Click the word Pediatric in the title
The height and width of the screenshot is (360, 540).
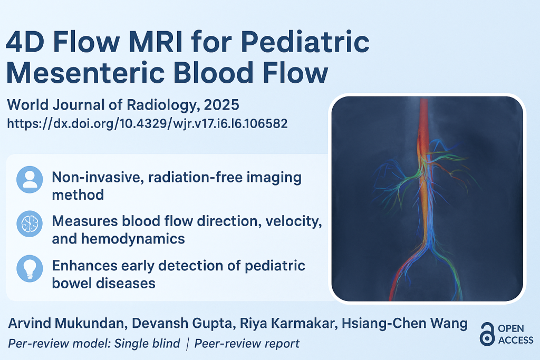305,42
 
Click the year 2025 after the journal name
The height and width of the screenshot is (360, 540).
221,105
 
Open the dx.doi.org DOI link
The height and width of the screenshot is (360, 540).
148,123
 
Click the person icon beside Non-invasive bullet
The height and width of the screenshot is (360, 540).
30,180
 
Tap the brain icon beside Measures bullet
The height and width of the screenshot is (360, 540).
30,223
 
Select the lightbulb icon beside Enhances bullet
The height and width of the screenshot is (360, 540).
30,268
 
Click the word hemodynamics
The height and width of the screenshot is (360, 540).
133,239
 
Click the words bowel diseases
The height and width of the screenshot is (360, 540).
104,283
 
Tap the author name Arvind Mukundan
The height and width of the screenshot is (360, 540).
66,323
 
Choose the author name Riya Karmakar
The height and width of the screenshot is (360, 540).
288,324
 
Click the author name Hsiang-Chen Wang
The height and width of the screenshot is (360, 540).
404,324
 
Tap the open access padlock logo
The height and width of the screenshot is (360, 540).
487,334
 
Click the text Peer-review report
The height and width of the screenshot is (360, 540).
247,344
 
